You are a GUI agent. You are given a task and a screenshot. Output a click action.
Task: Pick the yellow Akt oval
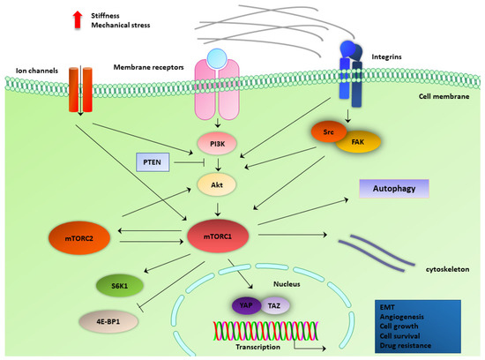216,186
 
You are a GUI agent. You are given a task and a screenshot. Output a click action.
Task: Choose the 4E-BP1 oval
108,319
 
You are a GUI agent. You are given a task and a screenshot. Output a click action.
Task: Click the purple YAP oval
247,304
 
